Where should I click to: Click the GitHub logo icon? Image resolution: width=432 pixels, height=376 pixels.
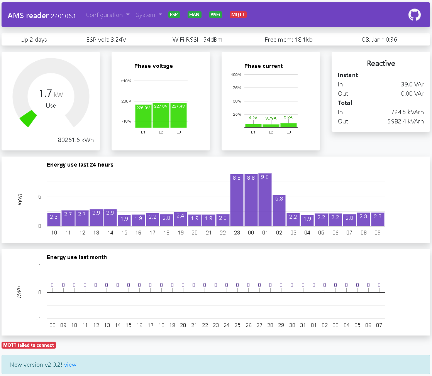pos(414,15)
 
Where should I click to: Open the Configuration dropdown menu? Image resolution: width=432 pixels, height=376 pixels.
pos(107,15)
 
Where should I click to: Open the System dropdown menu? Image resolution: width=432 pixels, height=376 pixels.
pos(149,15)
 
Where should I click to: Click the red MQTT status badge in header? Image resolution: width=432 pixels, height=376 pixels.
pos(238,15)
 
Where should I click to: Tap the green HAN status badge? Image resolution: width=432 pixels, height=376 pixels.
pos(194,15)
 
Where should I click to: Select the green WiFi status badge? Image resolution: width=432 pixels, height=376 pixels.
pos(215,15)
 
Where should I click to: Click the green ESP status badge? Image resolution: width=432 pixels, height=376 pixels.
pos(174,15)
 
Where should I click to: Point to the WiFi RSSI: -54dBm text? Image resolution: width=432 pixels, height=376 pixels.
pos(197,39)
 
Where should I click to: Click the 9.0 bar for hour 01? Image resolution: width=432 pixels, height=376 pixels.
pos(265,200)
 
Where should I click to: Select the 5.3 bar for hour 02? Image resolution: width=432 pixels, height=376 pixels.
pos(279,211)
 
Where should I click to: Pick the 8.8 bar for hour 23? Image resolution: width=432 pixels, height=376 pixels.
pos(237,200)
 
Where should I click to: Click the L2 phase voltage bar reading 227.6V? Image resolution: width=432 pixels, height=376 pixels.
pos(161,115)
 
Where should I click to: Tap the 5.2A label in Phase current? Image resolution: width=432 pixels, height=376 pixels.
pos(288,116)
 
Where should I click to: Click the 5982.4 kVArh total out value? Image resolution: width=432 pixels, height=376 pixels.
pos(405,121)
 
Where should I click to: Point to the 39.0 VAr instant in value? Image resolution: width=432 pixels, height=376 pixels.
pos(412,84)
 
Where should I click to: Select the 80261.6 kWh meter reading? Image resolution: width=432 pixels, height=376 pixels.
pos(76,140)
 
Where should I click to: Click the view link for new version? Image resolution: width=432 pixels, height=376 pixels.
pos(70,364)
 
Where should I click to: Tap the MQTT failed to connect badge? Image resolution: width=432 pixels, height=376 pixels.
pos(29,345)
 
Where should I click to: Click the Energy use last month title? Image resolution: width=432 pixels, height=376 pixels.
pos(77,257)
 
